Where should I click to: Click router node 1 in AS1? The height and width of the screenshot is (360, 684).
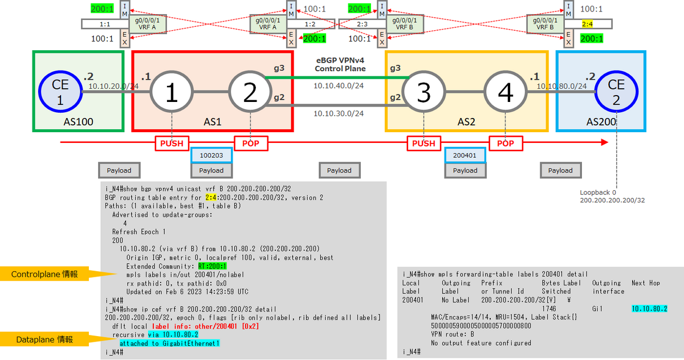(172, 92)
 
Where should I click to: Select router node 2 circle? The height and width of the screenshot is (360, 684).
(250, 92)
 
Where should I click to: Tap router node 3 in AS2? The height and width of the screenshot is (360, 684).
(424, 92)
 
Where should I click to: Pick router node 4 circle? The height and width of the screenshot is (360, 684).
(506, 92)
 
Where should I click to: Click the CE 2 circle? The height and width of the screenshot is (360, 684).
(616, 92)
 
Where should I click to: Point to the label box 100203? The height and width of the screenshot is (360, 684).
(211, 155)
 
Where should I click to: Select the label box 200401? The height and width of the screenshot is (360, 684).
(465, 155)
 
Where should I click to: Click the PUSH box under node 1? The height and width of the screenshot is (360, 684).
(172, 144)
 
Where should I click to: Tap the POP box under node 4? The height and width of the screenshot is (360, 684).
(506, 144)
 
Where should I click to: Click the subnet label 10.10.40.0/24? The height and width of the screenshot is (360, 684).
(339, 85)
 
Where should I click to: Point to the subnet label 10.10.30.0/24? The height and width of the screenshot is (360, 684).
(339, 113)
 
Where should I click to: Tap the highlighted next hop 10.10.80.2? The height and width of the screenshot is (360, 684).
(649, 309)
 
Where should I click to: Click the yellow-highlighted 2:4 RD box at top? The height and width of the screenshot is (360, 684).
(588, 24)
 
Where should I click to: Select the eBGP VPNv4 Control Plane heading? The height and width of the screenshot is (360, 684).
(340, 64)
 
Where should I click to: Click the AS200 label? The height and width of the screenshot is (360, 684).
(601, 122)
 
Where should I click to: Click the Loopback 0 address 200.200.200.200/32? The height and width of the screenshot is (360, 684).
(612, 201)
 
